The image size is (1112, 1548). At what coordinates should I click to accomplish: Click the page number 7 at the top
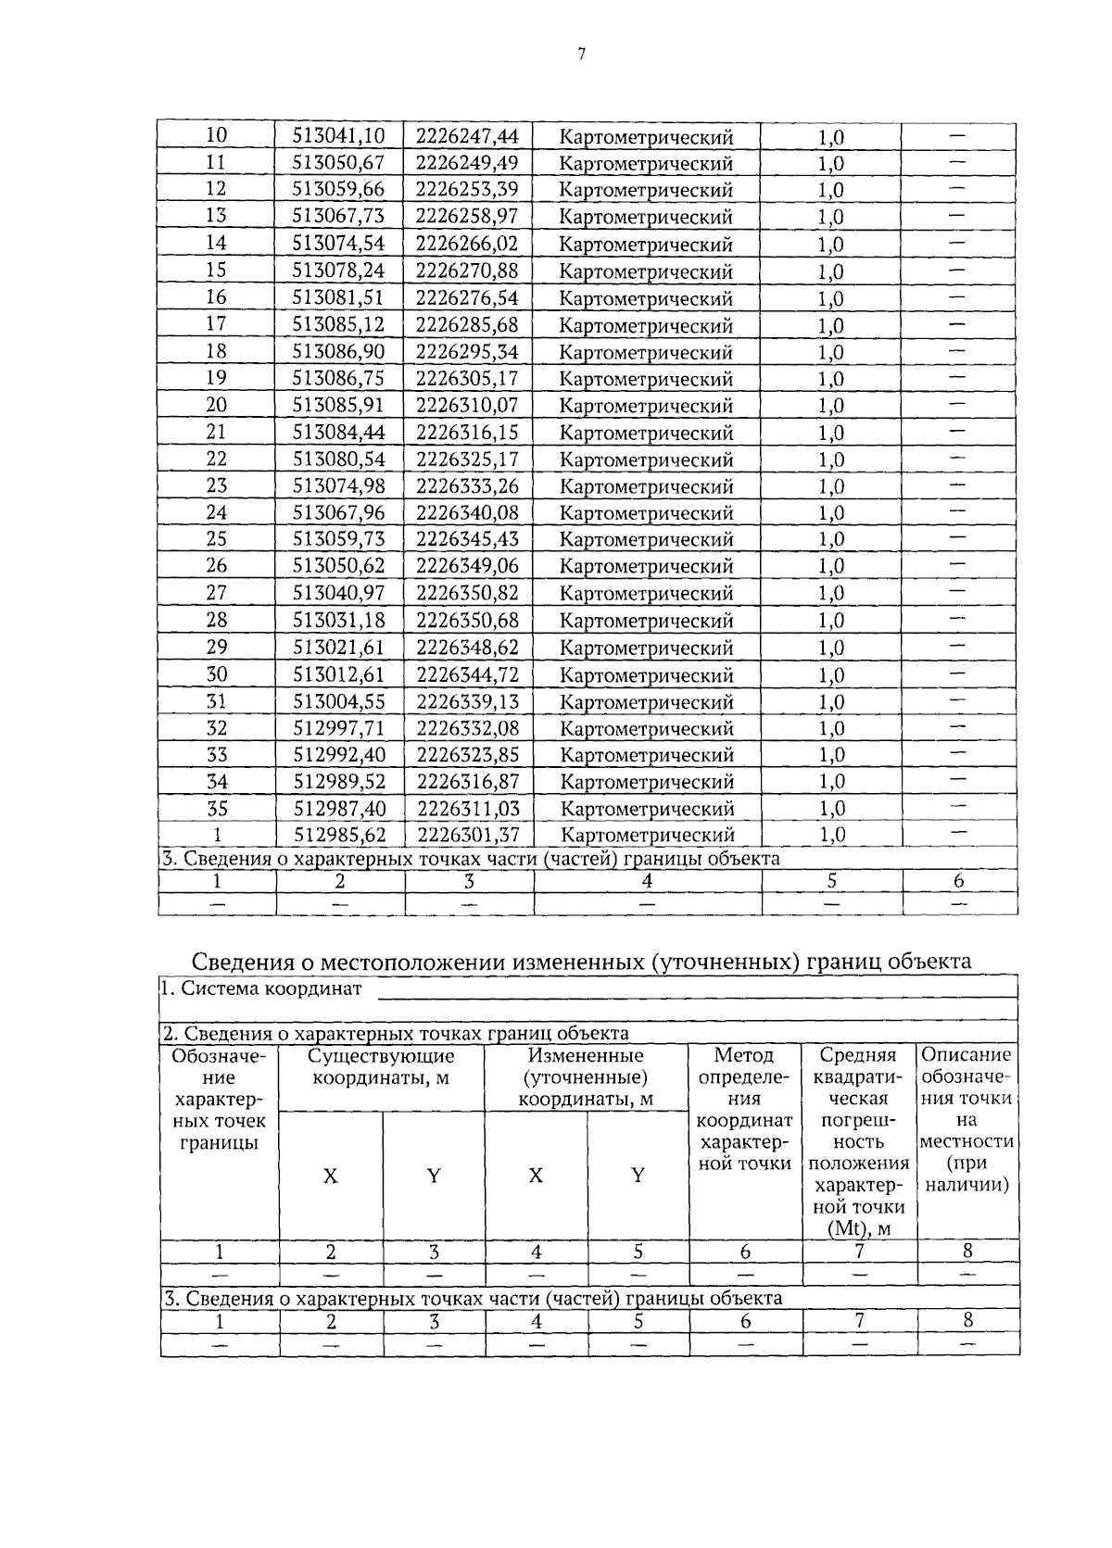pyautogui.click(x=581, y=55)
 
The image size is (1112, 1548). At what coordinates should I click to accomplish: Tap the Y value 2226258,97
pyautogui.click(x=466, y=216)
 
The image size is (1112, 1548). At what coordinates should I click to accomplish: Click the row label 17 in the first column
pyautogui.click(x=216, y=324)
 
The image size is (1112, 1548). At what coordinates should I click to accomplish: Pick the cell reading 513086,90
pyautogui.click(x=338, y=351)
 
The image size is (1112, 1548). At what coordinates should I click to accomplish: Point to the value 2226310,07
pyautogui.click(x=466, y=405)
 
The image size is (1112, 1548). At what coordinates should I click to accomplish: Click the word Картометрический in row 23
pyautogui.click(x=647, y=486)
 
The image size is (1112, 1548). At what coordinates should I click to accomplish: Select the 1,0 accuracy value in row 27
pyautogui.click(x=831, y=593)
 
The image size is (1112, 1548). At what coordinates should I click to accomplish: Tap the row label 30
pyautogui.click(x=216, y=674)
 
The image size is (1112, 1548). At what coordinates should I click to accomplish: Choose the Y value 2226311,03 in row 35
pyautogui.click(x=467, y=808)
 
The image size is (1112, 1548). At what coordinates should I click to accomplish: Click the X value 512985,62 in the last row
pyautogui.click(x=339, y=835)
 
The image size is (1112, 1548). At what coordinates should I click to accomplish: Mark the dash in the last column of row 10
pyautogui.click(x=958, y=136)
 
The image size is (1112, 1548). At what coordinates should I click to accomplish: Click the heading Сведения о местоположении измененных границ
pyautogui.click(x=581, y=961)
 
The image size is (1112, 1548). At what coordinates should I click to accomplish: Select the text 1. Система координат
pyautogui.click(x=261, y=988)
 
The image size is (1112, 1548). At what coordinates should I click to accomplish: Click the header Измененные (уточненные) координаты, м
pyautogui.click(x=586, y=1077)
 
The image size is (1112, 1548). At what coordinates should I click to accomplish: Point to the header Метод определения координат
pyautogui.click(x=744, y=1109)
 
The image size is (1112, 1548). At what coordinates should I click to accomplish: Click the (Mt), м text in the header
pyautogui.click(x=858, y=1229)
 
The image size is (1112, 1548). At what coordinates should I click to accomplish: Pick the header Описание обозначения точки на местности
pyautogui.click(x=967, y=1119)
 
